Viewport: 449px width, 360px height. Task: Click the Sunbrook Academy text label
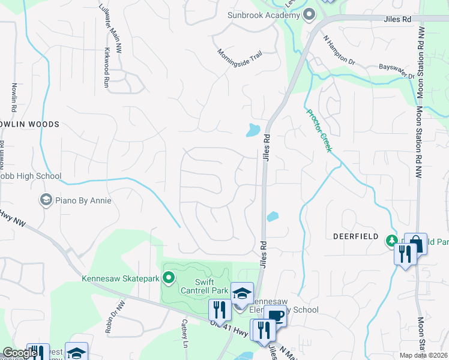pyautogui.click(x=263, y=15)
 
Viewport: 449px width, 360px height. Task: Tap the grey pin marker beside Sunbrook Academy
pyautogui.click(x=309, y=14)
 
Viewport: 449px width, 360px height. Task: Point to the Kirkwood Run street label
pyautogui.click(x=106, y=68)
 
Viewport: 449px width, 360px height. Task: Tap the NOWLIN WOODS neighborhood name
pyautogui.click(x=30, y=124)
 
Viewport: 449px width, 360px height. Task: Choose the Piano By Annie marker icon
pyautogui.click(x=46, y=200)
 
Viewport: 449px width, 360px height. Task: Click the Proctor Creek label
pyautogui.click(x=319, y=130)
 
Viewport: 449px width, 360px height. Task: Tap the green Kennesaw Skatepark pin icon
pyautogui.click(x=169, y=277)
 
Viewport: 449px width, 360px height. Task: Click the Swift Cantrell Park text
pyautogui.click(x=202, y=286)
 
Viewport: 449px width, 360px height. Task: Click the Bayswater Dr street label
pyautogui.click(x=396, y=73)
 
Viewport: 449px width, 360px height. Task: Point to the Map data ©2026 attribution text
pyautogui.click(x=424, y=355)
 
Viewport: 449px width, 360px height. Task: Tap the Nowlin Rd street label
pyautogui.click(x=13, y=97)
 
